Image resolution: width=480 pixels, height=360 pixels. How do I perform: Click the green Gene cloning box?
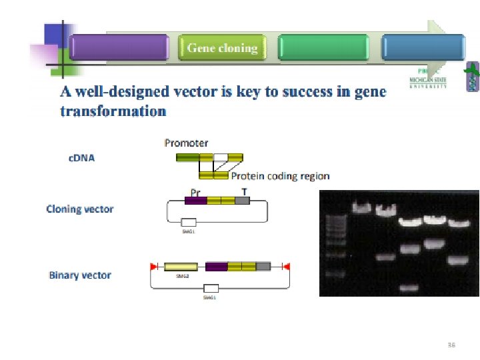pyautogui.click(x=222, y=48)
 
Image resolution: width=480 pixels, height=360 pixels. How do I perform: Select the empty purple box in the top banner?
pyautogui.click(x=119, y=48)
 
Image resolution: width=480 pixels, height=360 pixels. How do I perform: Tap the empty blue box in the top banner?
pyautogui.click(x=423, y=48)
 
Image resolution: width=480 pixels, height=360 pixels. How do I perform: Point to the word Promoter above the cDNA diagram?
pyautogui.click(x=186, y=143)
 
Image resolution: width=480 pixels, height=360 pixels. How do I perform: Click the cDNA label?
pyautogui.click(x=81, y=158)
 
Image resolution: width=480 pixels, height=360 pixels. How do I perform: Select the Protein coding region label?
pyautogui.click(x=280, y=176)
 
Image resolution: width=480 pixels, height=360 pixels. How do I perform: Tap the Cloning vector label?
pyautogui.click(x=79, y=209)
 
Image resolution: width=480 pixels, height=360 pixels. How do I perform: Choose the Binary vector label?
pyautogui.click(x=80, y=275)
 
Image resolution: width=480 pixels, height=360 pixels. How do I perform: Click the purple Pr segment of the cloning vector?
pyautogui.click(x=195, y=200)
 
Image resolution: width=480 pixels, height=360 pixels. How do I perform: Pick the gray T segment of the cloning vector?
pyautogui.click(x=243, y=200)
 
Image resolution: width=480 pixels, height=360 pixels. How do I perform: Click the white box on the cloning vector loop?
pyautogui.click(x=189, y=222)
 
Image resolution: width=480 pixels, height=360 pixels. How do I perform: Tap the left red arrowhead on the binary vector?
pyautogui.click(x=154, y=267)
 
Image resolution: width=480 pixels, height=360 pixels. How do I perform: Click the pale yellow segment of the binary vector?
pyautogui.click(x=181, y=267)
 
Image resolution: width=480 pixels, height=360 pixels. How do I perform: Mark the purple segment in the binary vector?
pyautogui.click(x=217, y=267)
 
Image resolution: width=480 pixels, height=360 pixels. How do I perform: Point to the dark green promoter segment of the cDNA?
pyautogui.click(x=187, y=158)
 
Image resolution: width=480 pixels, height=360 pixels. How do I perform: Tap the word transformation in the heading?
pyautogui.click(x=113, y=111)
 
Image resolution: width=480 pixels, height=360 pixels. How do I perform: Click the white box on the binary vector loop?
pyautogui.click(x=211, y=288)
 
